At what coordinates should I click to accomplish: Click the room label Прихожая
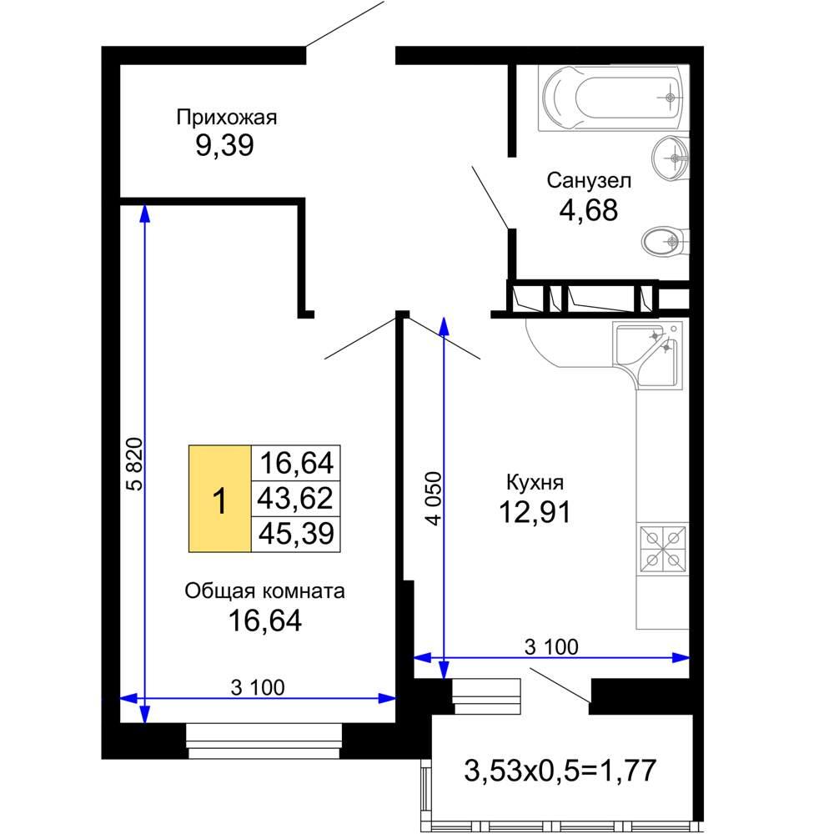coord(227,118)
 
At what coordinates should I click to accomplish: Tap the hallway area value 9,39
coord(224,145)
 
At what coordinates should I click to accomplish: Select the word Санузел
coord(589,181)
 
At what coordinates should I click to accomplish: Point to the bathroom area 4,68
coord(588,209)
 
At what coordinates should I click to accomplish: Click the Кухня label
coord(535,482)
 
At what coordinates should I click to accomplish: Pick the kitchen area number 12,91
coord(535,512)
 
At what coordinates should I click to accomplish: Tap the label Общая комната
coord(264,590)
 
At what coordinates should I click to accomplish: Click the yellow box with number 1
coord(219,499)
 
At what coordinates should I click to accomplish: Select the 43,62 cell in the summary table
coord(295,499)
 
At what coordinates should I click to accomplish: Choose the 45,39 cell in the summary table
coord(295,534)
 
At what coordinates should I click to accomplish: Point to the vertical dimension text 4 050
coord(434,499)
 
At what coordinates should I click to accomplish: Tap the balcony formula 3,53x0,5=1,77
coord(560,770)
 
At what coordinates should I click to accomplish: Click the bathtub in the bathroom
coord(613,98)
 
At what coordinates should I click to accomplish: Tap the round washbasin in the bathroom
coord(671,158)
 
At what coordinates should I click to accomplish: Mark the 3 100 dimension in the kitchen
coord(551,647)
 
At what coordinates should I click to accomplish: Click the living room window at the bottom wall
coord(264,741)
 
